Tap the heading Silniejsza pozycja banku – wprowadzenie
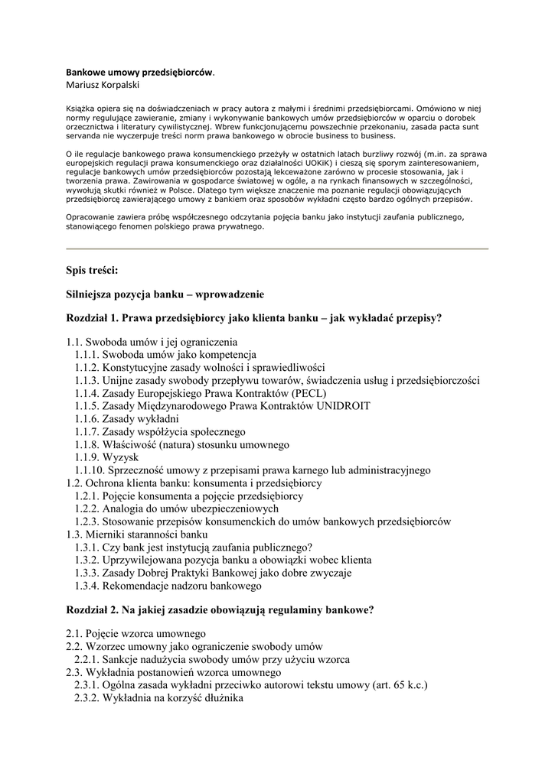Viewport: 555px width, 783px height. point(165,294)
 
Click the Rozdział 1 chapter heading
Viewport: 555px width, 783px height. point(254,317)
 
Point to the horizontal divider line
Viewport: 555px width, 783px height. point(277,249)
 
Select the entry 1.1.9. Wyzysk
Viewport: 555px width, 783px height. point(106,457)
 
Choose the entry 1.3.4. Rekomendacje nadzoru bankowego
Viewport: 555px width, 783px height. point(168,586)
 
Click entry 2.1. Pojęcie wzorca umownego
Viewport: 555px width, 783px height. point(136,633)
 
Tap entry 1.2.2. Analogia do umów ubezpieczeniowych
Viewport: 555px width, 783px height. point(177,508)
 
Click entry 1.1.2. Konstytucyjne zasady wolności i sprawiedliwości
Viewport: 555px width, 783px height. point(200,366)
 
